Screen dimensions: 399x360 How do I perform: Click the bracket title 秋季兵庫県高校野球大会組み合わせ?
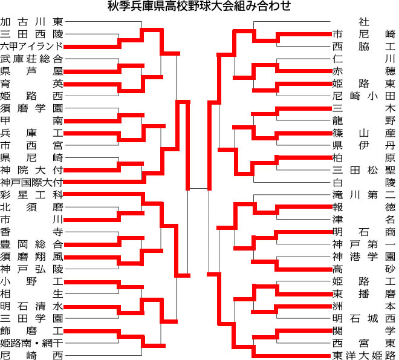pos(199,6)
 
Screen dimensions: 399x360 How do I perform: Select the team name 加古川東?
pos(31,22)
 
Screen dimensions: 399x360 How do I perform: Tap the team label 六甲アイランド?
pos(31,47)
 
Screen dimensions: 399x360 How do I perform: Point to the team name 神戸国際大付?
pos(31,182)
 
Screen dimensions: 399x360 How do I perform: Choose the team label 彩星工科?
pos(31,195)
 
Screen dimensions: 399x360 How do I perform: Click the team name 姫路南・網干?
pos(31,343)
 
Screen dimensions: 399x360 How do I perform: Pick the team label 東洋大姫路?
pos(364,355)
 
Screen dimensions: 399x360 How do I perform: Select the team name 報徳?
pos(364,207)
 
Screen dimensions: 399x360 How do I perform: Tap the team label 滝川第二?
pos(364,195)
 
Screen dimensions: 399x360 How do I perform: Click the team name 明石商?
pos(364,232)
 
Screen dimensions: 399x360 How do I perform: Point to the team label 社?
pos(364,22)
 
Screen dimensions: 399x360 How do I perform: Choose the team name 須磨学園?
pos(31,108)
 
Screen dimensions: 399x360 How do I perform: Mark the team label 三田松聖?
pos(364,170)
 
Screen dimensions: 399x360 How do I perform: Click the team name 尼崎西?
pos(31,355)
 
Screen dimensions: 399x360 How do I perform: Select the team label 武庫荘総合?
pos(31,59)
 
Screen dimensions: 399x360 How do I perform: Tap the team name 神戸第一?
pos(364,244)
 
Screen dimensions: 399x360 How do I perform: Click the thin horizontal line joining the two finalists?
pos(198,188)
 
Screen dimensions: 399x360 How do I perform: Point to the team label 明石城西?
pos(364,318)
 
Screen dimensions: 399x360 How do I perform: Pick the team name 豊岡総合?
pos(31,244)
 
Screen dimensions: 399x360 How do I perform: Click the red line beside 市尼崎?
pos(304,34)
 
